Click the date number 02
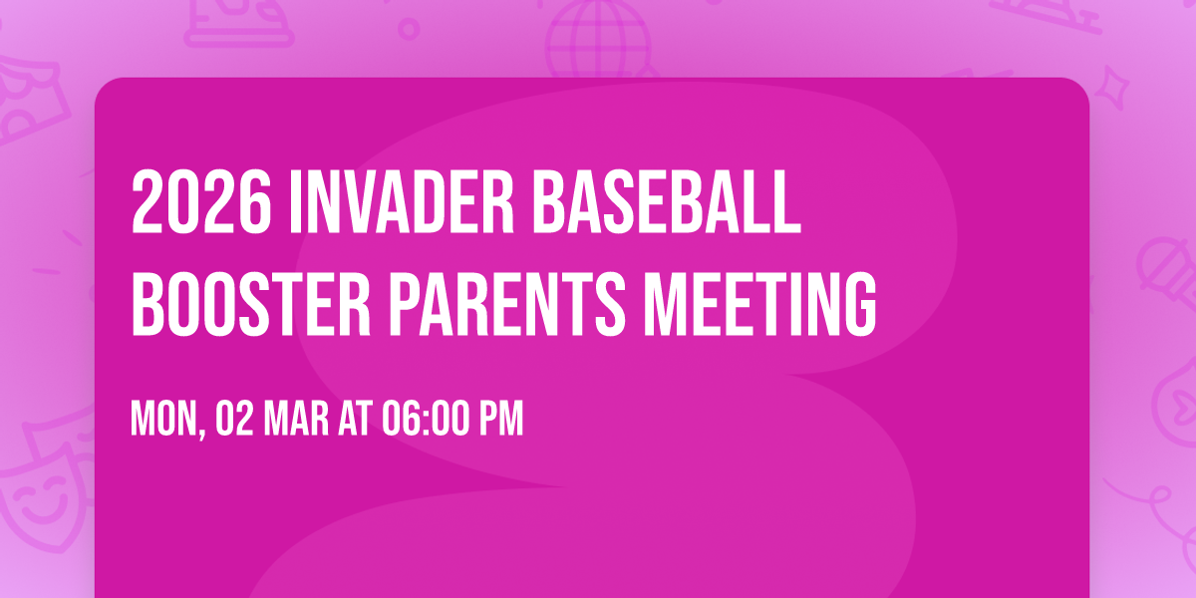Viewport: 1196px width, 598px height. click(x=235, y=421)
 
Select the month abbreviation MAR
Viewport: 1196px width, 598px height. click(x=298, y=421)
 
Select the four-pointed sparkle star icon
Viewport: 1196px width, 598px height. click(x=1117, y=85)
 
